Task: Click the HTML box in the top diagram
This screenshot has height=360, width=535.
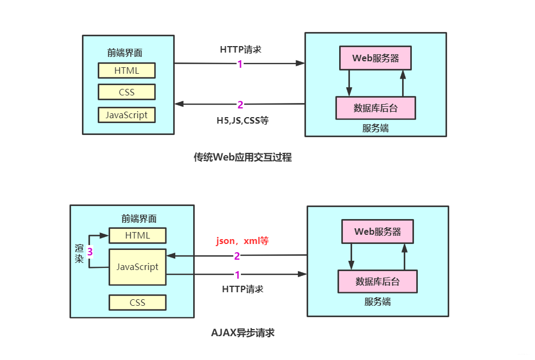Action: click(126, 70)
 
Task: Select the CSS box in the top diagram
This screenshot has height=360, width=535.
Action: click(126, 92)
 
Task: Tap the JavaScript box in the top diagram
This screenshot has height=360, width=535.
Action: click(126, 115)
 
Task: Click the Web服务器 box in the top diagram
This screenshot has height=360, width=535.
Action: click(375, 58)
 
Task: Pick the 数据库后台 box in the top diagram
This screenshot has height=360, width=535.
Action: click(375, 108)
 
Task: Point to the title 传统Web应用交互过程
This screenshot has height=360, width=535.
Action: click(243, 157)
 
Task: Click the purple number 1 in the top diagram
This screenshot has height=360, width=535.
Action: click(240, 64)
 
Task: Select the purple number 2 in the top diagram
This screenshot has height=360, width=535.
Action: click(240, 105)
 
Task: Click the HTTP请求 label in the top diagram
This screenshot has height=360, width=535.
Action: click(240, 49)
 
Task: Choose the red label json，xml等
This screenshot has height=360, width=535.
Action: click(243, 241)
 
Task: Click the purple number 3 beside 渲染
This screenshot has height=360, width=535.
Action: click(90, 252)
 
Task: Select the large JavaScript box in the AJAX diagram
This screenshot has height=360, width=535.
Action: click(137, 267)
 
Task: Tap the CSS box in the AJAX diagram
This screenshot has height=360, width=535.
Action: click(137, 303)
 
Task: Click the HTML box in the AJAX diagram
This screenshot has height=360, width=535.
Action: click(137, 235)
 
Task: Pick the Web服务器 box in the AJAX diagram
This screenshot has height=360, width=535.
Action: click(377, 232)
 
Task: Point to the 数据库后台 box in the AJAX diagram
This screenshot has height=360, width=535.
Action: click(377, 281)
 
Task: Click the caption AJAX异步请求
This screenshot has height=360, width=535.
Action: click(243, 333)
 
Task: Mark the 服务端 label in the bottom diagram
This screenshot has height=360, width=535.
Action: click(377, 301)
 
